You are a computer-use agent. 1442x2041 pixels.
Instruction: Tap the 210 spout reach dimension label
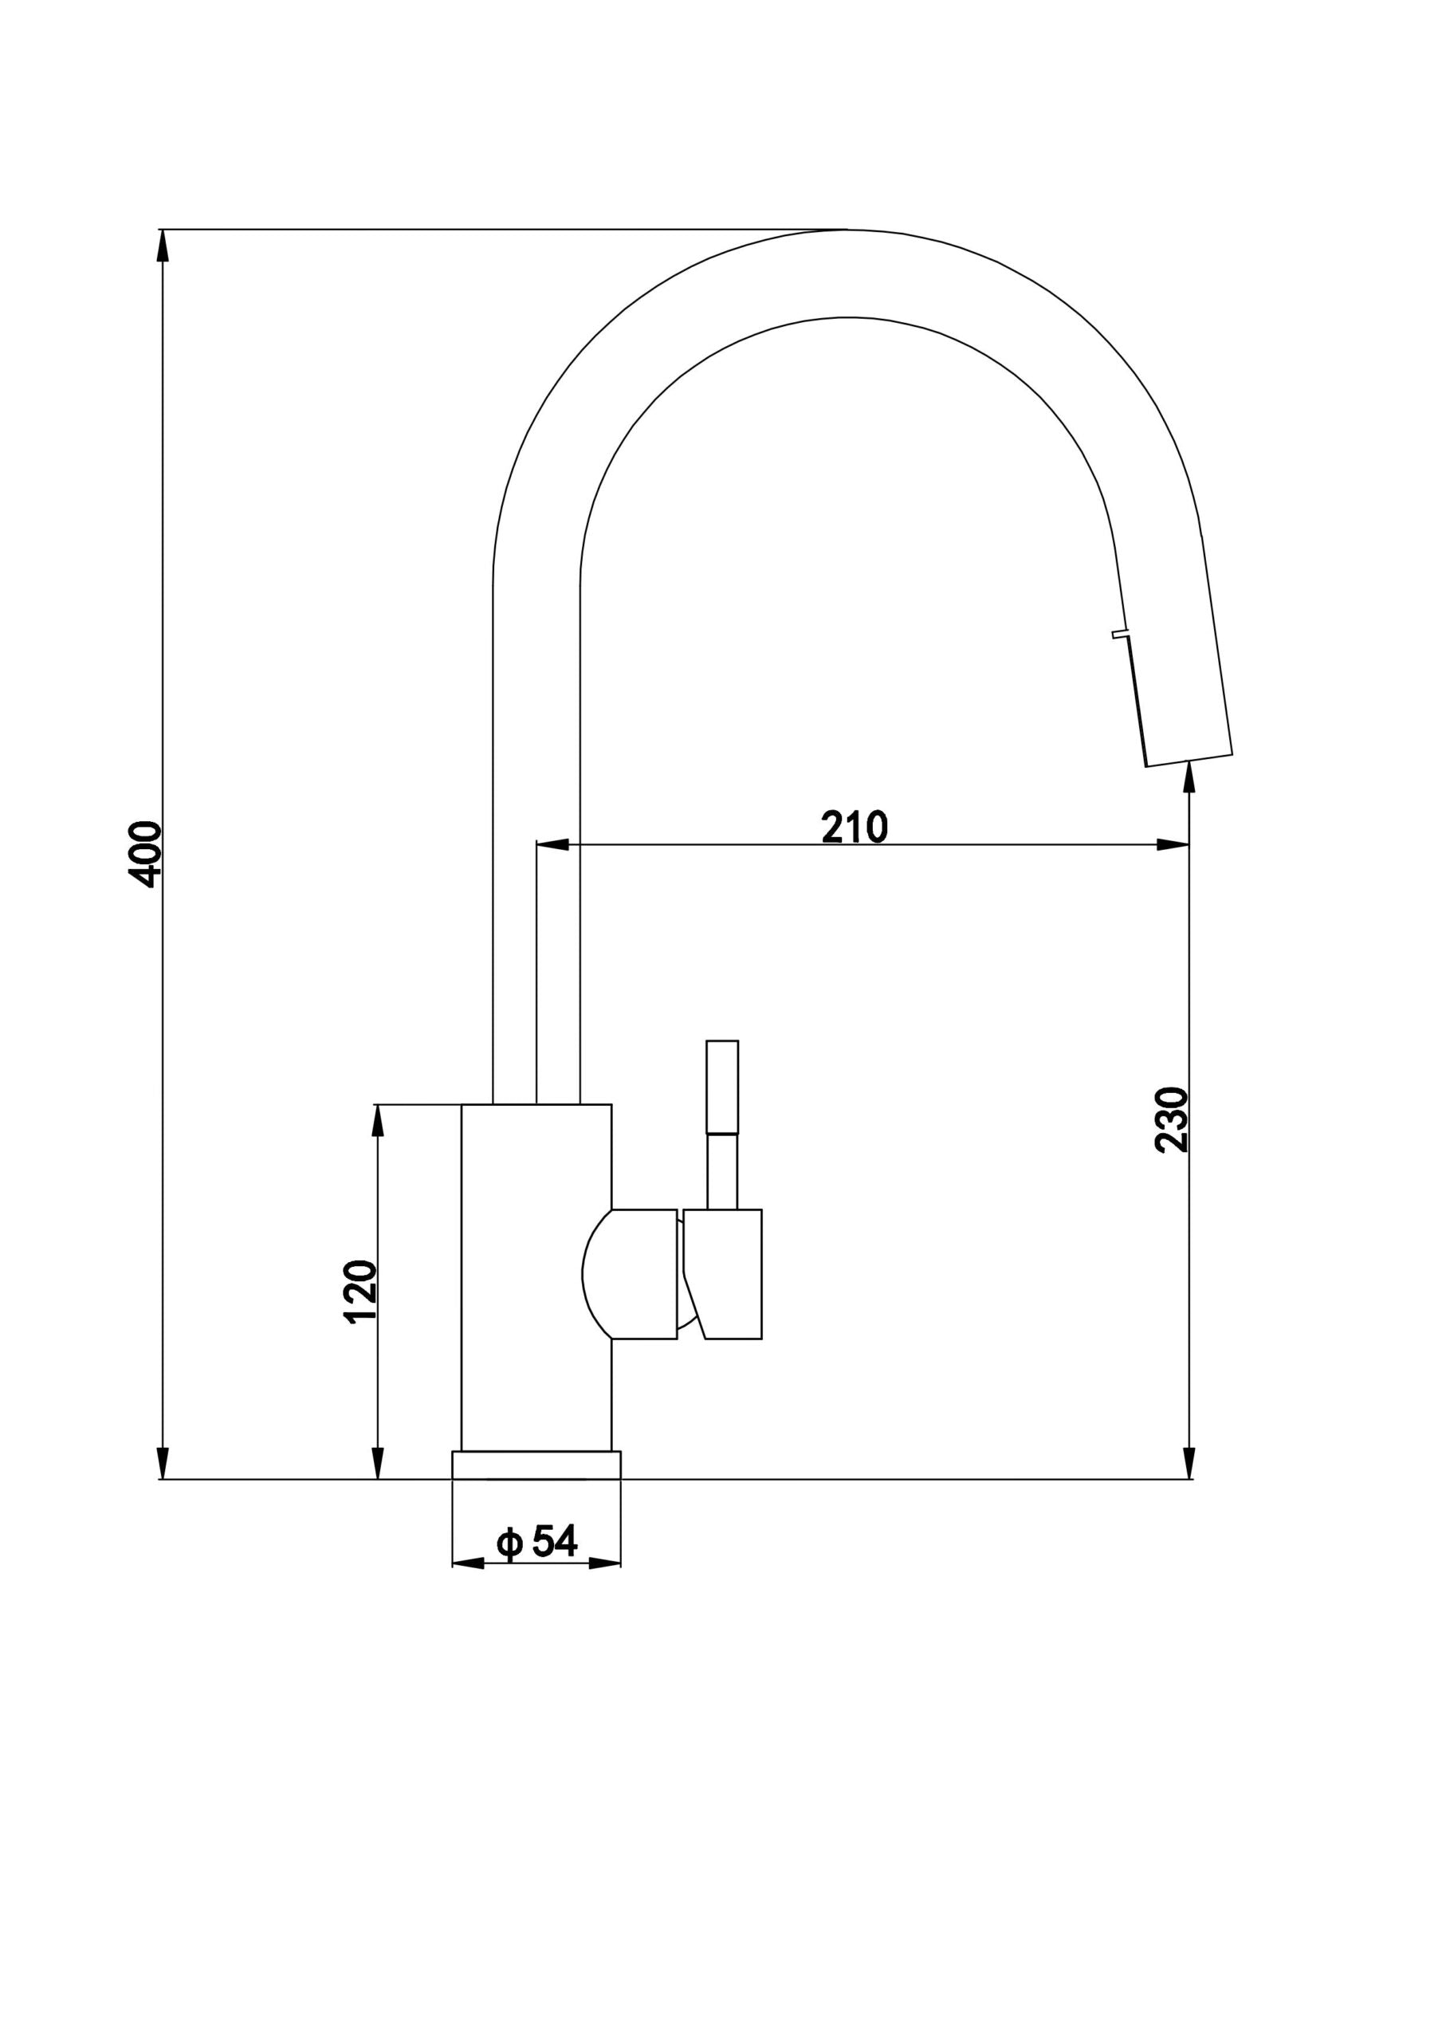pyautogui.click(x=855, y=827)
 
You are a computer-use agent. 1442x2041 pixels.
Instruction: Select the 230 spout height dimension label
pyautogui.click(x=1172, y=1119)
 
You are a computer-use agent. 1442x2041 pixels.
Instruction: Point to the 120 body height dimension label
pyautogui.click(x=360, y=1292)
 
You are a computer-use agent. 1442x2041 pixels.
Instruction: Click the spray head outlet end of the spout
pyautogui.click(x=1189, y=760)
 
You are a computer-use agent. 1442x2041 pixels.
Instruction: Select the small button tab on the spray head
pyautogui.click(x=1120, y=635)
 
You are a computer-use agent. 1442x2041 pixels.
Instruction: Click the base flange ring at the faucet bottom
pyautogui.click(x=536, y=1465)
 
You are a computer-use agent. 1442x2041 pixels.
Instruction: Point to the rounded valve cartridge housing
pyautogui.click(x=630, y=1274)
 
